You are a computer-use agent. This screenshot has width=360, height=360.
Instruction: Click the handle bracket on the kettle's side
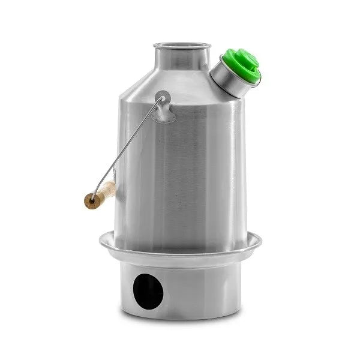pos(163,108)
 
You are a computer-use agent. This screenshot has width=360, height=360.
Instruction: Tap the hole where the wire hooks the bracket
pos(163,96)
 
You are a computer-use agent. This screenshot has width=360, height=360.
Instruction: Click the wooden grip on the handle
pos(101,196)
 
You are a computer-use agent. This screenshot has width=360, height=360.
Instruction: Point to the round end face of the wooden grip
pos(91,202)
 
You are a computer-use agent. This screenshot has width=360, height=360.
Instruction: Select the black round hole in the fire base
pos(149,291)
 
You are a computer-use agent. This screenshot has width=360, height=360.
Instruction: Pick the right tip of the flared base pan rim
pos(261,239)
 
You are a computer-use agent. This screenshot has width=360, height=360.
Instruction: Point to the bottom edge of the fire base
pos(180,317)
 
